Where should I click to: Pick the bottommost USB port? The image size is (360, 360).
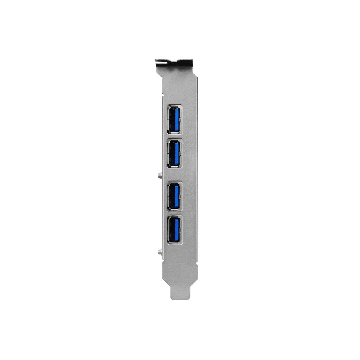pyautogui.click(x=175, y=230)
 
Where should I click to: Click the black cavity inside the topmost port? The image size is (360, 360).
pyautogui.click(x=172, y=120)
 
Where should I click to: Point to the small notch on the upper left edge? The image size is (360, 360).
pyautogui.click(x=163, y=94)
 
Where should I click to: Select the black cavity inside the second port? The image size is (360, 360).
pyautogui.click(x=172, y=154)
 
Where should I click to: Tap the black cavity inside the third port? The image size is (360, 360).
pyautogui.click(x=172, y=196)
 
